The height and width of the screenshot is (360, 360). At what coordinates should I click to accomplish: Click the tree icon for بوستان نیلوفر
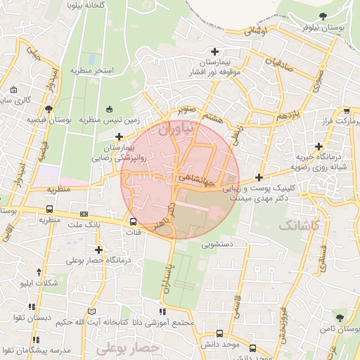(x=323, y=16)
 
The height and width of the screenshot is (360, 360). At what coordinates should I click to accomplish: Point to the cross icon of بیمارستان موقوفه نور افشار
(x=215, y=51)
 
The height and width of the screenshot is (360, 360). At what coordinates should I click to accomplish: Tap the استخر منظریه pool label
(x=92, y=71)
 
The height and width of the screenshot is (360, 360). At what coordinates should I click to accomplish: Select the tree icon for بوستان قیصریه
(x=48, y=109)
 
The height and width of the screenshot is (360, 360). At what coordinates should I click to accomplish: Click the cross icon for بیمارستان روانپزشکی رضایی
(x=119, y=136)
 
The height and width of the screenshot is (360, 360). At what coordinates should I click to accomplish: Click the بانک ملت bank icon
(x=85, y=214)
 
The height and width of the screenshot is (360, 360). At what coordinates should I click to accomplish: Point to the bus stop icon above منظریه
(x=49, y=209)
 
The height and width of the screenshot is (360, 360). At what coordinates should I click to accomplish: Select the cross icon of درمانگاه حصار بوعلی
(x=98, y=249)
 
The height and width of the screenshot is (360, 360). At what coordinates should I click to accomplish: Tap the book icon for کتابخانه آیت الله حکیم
(x=91, y=311)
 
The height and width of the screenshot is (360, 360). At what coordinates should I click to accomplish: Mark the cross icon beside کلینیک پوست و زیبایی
(x=259, y=178)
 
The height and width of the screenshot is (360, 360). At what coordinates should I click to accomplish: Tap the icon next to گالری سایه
(x=14, y=89)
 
